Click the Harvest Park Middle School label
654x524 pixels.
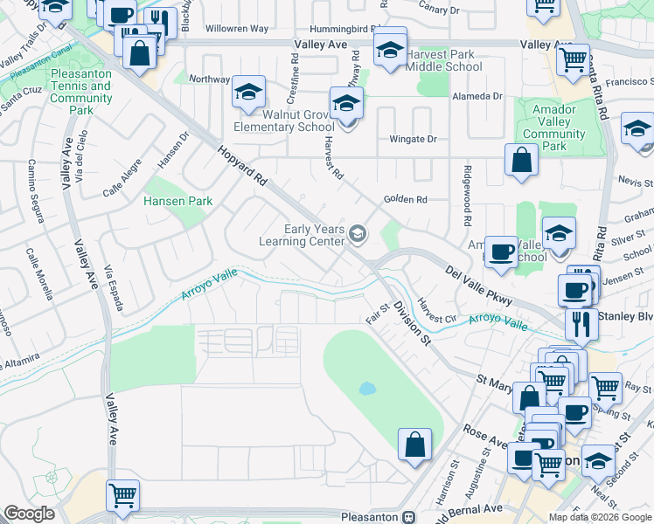coord(444,60)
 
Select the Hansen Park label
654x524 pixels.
coord(178,201)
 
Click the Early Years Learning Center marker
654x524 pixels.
coord(357,233)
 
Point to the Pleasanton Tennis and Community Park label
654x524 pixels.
coord(81,93)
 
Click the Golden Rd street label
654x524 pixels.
coord(405,200)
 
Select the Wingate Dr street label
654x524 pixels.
coord(413,139)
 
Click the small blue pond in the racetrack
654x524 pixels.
coord(367,387)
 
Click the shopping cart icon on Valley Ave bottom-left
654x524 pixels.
coord(122,495)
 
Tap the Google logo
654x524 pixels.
coord(30,514)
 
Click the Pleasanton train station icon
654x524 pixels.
coord(408,516)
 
